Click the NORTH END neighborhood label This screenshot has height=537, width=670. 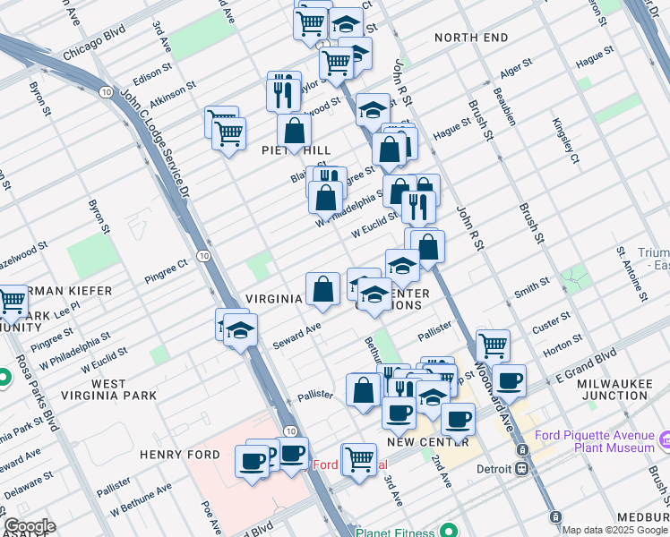[470, 38]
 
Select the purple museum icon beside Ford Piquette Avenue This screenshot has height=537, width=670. [664, 441]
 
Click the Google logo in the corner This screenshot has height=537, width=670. [29, 526]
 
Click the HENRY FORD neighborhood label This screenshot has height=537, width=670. [179, 455]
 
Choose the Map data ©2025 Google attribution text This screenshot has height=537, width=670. [614, 530]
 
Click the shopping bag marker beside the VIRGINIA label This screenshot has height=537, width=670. [322, 290]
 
